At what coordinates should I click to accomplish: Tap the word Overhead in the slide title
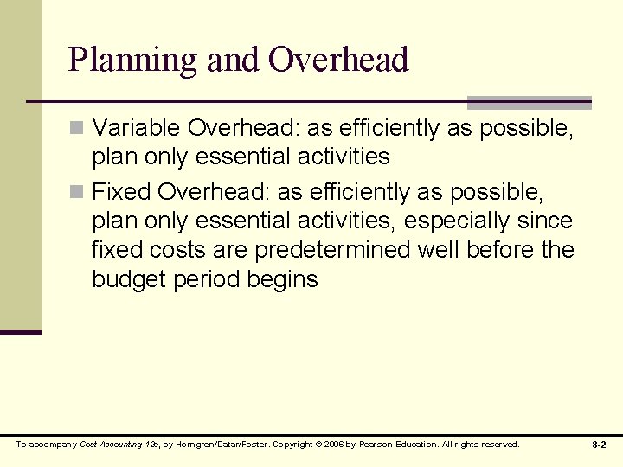pos(338,61)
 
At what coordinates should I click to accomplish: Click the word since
pos(545,221)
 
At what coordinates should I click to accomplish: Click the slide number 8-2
pos(599,445)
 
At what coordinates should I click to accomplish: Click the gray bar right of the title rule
pos(529,102)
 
